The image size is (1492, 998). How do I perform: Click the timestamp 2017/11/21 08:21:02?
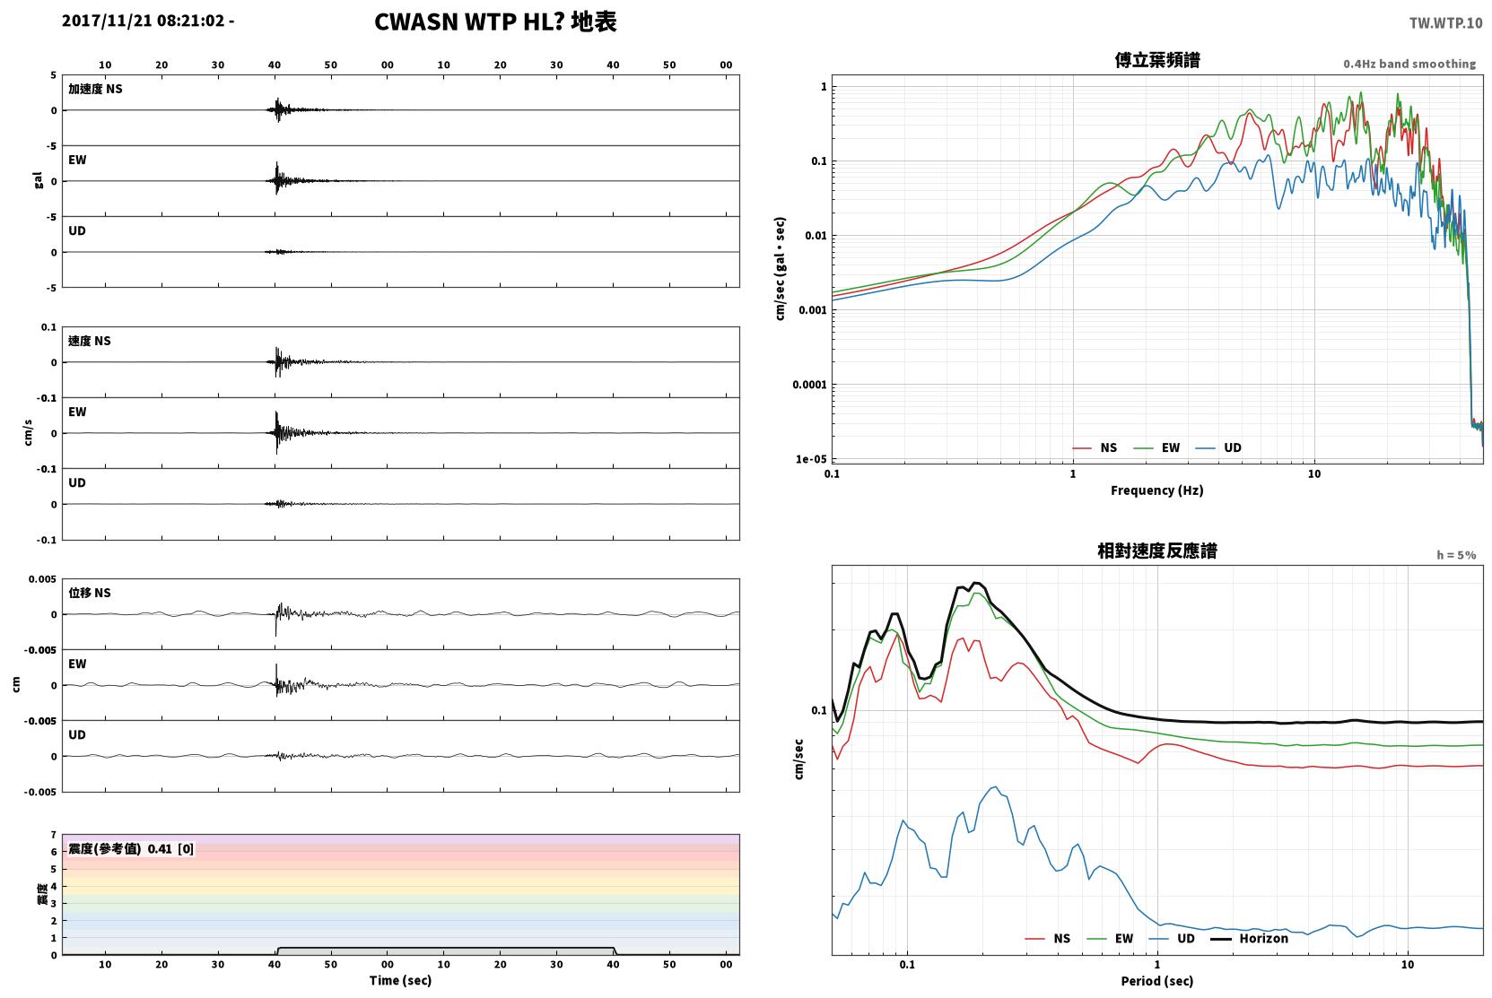pos(144,21)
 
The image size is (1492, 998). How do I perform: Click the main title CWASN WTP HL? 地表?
pos(495,22)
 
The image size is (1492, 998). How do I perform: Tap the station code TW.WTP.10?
pos(1445,23)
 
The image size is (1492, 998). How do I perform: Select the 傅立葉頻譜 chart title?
pos(1157,60)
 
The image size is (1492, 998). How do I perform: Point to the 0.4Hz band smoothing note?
pos(1409,64)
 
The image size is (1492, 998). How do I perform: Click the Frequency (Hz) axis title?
pos(1157,490)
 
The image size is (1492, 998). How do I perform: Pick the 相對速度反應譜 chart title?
pos(1157,551)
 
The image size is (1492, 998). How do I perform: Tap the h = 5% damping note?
pos(1456,555)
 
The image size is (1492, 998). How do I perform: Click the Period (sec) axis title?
pos(1157,981)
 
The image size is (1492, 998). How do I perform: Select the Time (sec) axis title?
pos(400,981)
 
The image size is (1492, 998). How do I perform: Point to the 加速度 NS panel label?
pos(95,89)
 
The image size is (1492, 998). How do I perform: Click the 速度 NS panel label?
pos(89,341)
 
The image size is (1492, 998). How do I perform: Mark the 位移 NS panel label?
pos(89,594)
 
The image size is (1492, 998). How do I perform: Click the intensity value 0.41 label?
pos(160,849)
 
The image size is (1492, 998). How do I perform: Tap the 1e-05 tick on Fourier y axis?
pos(811,459)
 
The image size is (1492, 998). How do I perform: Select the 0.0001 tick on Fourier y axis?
pos(809,384)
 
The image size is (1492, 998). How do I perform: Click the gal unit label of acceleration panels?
pos(38,180)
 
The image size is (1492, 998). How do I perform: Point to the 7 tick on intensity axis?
pos(54,835)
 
